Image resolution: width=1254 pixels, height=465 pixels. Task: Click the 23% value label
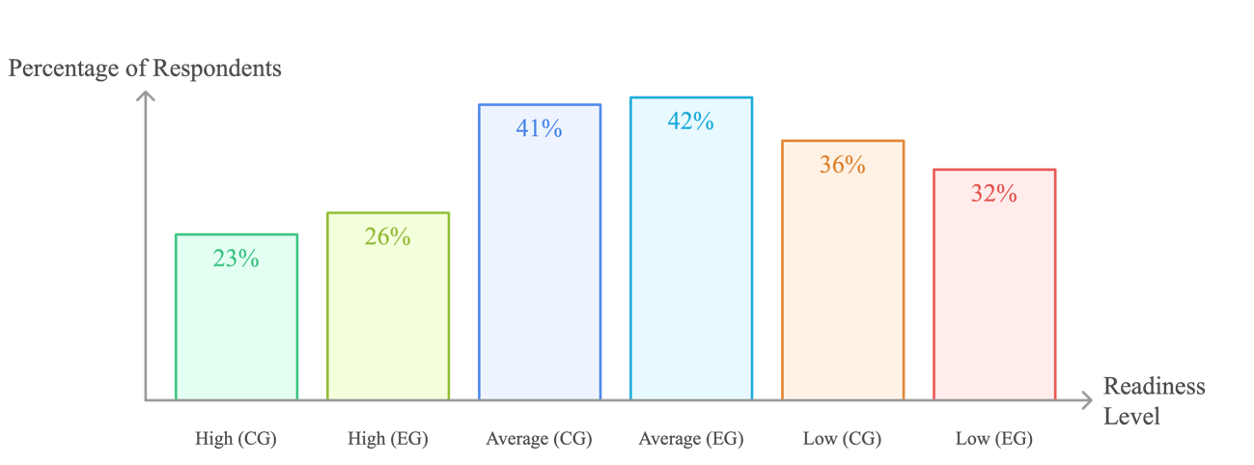click(237, 259)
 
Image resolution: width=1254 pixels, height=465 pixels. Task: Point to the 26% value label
click(388, 236)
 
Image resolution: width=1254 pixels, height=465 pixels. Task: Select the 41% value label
click(539, 127)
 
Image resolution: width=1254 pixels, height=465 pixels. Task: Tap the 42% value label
click(691, 122)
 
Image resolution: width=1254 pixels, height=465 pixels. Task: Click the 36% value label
click(843, 165)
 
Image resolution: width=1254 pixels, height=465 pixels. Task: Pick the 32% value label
click(994, 194)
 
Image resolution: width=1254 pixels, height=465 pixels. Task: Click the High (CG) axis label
click(236, 439)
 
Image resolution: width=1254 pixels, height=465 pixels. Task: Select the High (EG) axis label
click(388, 439)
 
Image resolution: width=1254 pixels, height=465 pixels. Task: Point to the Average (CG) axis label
click(539, 439)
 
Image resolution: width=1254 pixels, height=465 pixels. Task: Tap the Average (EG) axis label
click(691, 439)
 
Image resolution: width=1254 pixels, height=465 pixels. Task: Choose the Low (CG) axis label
click(842, 439)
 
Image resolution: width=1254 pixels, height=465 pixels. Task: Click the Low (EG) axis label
click(994, 439)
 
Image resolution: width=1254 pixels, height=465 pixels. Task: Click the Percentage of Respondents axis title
click(145, 69)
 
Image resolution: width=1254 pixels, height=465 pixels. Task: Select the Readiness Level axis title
click(1154, 401)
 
